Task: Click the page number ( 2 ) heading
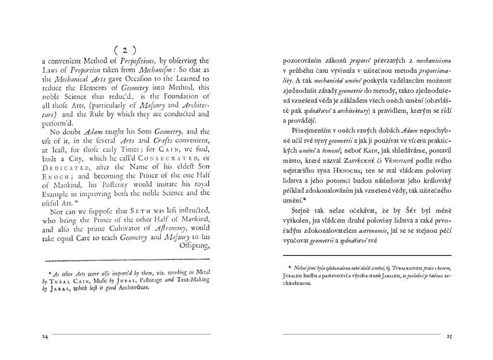[x=125, y=50]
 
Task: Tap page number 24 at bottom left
[x=45, y=336]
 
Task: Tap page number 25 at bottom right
[x=449, y=336]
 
